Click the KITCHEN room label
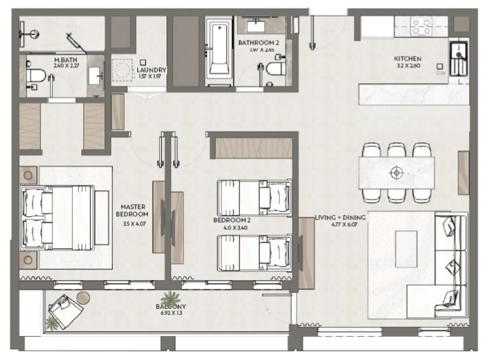[x=407, y=59]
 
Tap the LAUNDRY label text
[x=151, y=70]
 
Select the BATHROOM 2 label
[x=256, y=43]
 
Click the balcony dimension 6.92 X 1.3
[x=171, y=313]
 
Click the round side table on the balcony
[x=83, y=297]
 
